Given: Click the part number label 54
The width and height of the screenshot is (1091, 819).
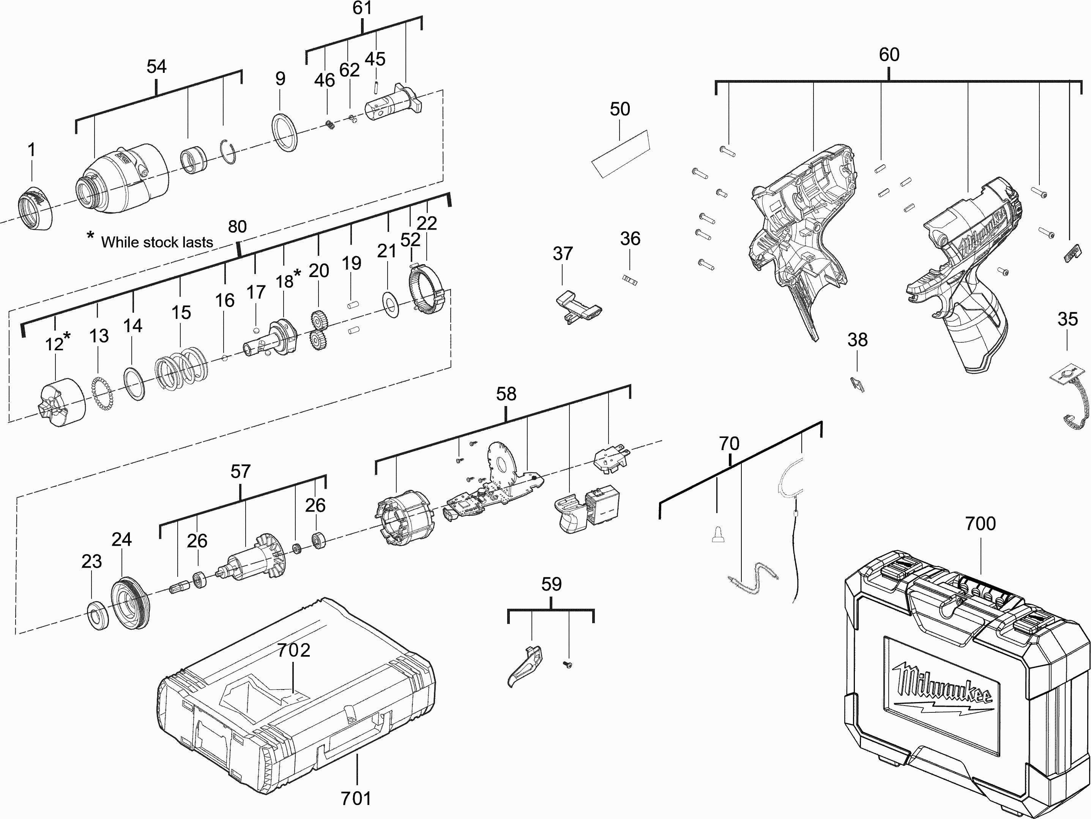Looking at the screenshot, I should tap(156, 66).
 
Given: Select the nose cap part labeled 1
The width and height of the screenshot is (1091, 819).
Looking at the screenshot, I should tap(36, 209).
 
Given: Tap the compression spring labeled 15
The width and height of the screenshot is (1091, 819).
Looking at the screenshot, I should tap(181, 367).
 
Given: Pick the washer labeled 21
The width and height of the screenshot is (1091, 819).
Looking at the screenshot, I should tap(391, 305).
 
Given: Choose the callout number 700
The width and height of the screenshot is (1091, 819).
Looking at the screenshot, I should tap(980, 523).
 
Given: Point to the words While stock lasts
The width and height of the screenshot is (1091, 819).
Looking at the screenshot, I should tap(157, 242).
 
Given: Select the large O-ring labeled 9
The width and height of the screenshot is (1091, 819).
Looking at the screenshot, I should tap(285, 132).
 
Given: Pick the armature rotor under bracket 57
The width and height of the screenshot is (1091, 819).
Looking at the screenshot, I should tap(254, 562).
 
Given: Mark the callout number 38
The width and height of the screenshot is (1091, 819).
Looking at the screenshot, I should tap(857, 340).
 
